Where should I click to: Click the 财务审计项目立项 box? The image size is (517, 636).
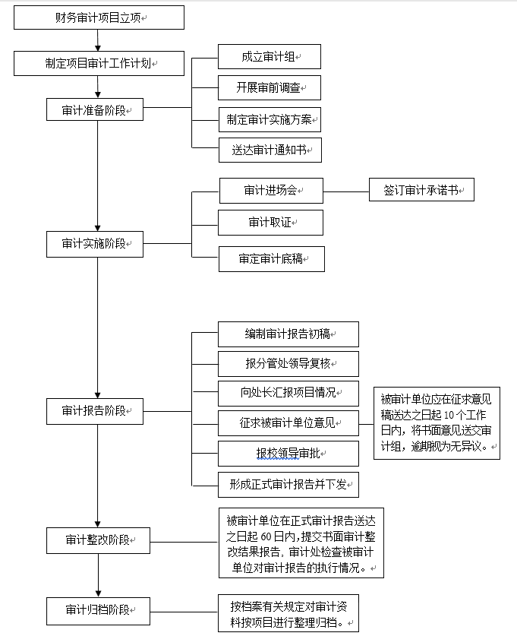click(x=99, y=17)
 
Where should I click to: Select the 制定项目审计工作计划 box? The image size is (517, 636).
click(x=99, y=64)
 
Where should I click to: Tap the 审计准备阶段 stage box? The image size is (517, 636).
click(x=94, y=110)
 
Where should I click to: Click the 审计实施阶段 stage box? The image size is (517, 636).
click(x=94, y=245)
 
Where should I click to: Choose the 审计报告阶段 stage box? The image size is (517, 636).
click(x=94, y=411)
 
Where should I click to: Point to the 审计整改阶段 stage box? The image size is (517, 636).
click(x=98, y=540)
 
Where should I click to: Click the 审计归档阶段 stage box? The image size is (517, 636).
click(x=98, y=610)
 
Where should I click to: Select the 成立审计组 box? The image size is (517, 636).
click(x=269, y=57)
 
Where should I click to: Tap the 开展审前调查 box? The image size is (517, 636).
click(x=269, y=88)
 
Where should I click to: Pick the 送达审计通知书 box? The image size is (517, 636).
click(x=269, y=150)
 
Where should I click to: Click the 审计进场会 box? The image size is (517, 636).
click(x=271, y=191)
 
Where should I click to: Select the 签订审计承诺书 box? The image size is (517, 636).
click(x=421, y=190)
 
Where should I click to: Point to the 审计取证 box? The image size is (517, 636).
click(x=270, y=223)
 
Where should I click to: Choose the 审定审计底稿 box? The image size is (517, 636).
click(x=271, y=259)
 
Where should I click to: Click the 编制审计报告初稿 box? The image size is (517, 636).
click(x=288, y=334)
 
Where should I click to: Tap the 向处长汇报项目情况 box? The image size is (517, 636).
click(x=288, y=394)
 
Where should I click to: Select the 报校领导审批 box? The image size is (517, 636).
click(x=288, y=454)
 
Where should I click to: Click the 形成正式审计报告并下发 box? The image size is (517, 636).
click(x=288, y=484)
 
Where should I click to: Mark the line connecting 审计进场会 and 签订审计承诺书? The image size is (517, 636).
click(x=345, y=191)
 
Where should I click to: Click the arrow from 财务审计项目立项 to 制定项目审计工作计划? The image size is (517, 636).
click(x=98, y=40)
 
